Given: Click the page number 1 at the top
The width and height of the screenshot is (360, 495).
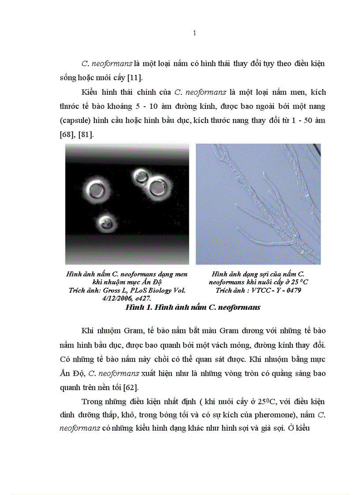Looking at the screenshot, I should point(195,33).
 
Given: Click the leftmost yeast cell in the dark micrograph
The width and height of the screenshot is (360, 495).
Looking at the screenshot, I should point(95,190).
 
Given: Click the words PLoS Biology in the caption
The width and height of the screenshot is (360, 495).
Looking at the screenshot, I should point(147,290).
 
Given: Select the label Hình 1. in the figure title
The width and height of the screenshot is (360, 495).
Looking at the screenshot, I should point(139,307).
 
